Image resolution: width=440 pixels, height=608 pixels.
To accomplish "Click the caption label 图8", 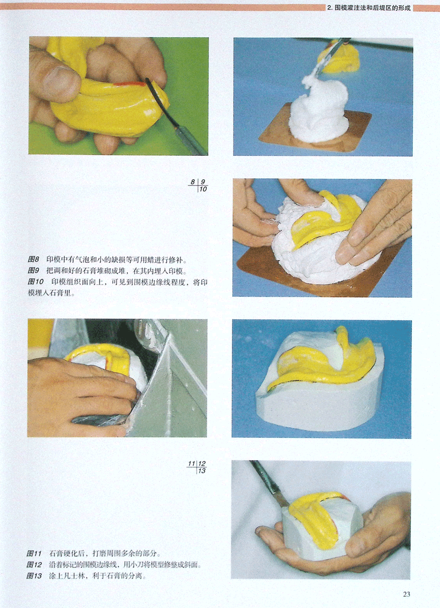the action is pyautogui.click(x=33, y=259).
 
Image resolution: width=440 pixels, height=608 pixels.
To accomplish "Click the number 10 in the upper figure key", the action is pyautogui.click(x=203, y=189).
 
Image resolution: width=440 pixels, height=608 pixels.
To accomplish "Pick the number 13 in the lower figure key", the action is pyautogui.click(x=202, y=471).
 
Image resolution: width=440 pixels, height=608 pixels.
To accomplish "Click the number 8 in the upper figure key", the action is pyautogui.click(x=193, y=182).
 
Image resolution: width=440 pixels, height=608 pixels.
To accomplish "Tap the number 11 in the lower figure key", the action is pyautogui.click(x=192, y=463).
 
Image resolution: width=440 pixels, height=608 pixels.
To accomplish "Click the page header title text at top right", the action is pyautogui.click(x=369, y=8).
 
